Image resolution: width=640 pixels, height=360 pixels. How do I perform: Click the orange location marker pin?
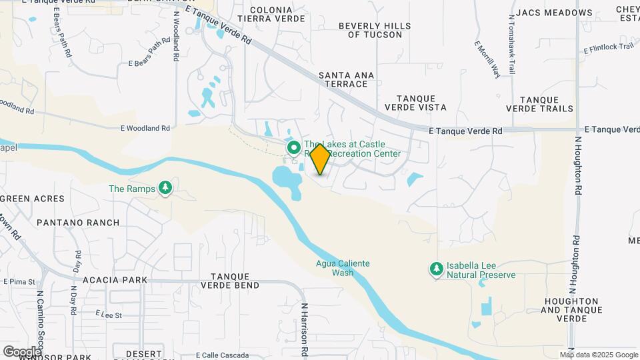(320, 159)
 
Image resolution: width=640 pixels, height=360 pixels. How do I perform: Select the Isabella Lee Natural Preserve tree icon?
(436, 269)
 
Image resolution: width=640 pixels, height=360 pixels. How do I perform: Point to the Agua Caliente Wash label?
(343, 268)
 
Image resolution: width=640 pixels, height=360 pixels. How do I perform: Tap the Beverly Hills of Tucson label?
(375, 30)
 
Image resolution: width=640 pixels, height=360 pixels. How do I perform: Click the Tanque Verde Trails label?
(539, 103)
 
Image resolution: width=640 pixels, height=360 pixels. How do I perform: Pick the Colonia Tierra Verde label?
(271, 14)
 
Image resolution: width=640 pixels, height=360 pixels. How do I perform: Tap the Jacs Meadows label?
(554, 13)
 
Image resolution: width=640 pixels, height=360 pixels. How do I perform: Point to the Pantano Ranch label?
(78, 223)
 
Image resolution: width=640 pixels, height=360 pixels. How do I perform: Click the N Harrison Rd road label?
(303, 331)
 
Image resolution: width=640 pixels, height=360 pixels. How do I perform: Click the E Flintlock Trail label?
(608, 48)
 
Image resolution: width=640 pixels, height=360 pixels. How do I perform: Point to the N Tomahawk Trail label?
(511, 44)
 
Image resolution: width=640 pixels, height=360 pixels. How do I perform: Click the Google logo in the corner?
(21, 351)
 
